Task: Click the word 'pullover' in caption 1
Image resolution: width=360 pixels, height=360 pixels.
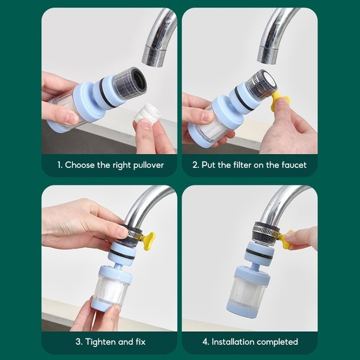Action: click(x=148, y=165)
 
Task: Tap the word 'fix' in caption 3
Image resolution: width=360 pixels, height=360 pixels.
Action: click(x=140, y=342)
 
